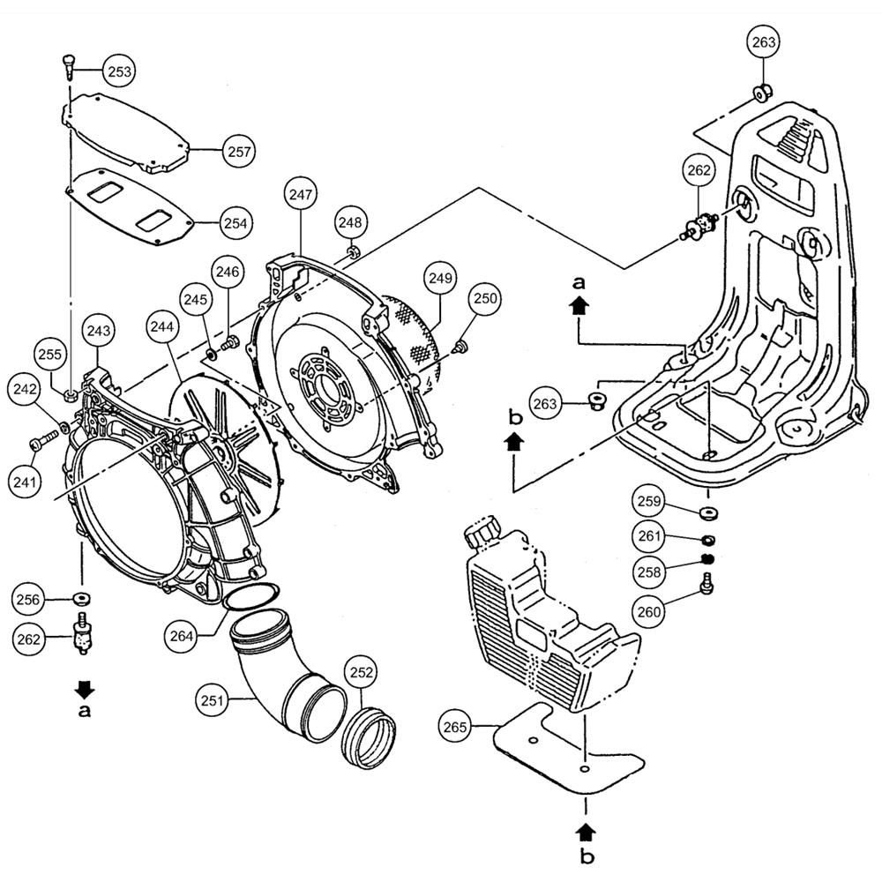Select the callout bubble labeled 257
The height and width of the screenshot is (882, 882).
point(238,152)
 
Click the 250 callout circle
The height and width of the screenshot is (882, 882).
point(484,299)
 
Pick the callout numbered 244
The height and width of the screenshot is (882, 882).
point(161,326)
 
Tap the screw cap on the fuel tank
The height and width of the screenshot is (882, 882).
point(482,534)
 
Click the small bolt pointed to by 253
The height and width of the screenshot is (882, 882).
point(70,64)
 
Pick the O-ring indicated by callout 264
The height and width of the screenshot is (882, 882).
point(250,596)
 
